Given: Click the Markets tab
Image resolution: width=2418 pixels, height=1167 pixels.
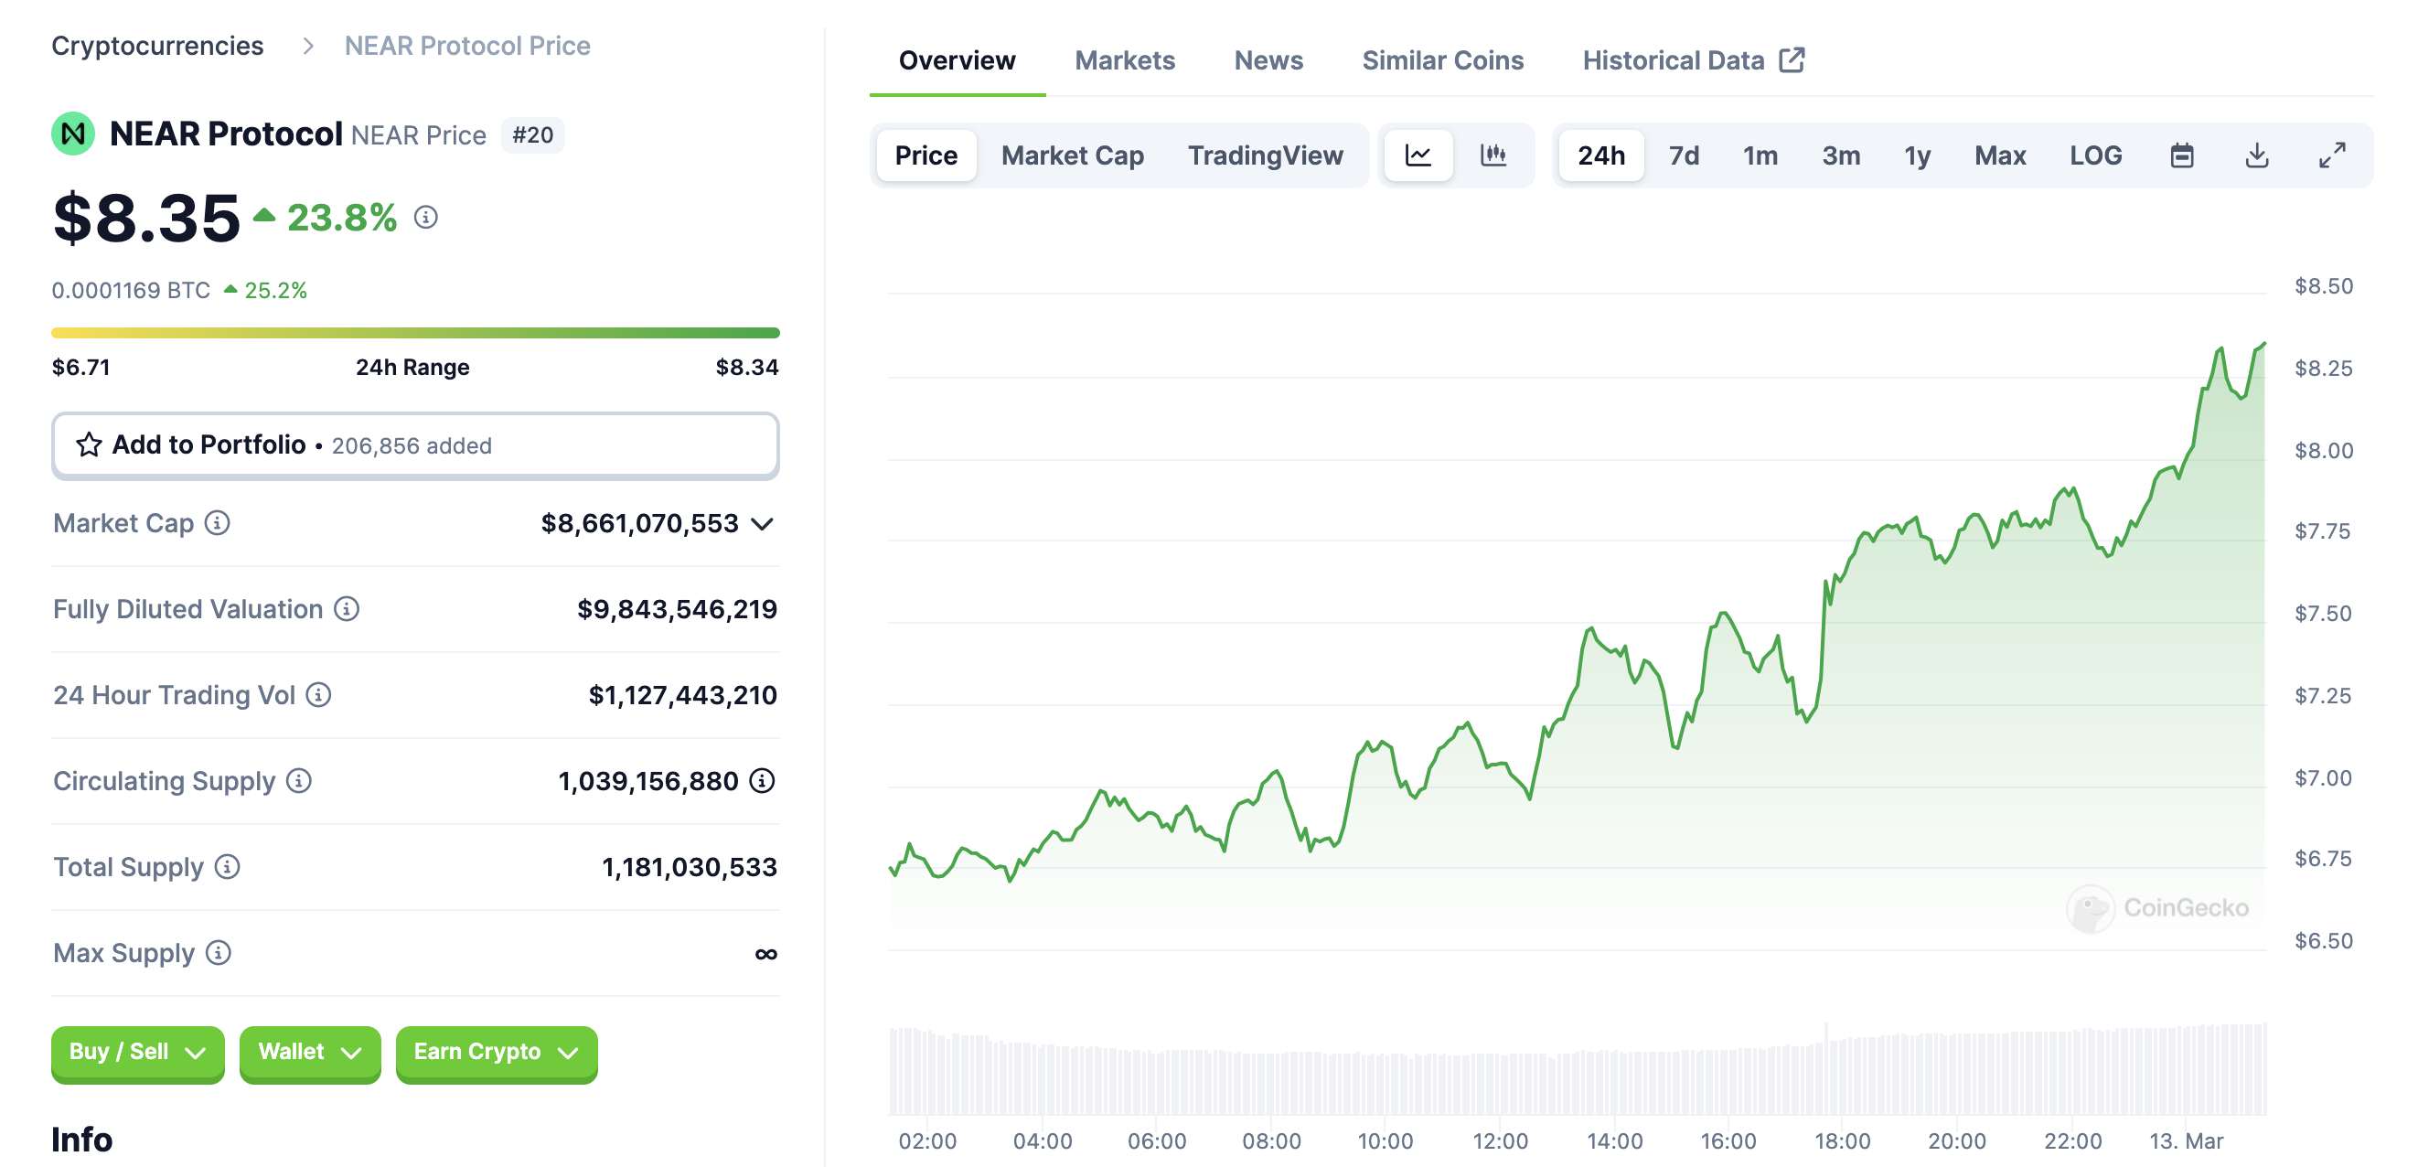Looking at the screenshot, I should pyautogui.click(x=1124, y=61).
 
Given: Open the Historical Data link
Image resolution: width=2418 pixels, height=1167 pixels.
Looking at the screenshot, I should pyautogui.click(x=1693, y=61).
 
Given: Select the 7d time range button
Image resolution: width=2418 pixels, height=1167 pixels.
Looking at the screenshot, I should pyautogui.click(x=1683, y=155).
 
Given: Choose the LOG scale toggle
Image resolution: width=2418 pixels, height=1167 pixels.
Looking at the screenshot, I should pyautogui.click(x=2094, y=155).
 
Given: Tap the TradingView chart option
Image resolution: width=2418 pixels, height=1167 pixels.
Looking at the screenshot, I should pyautogui.click(x=1265, y=155).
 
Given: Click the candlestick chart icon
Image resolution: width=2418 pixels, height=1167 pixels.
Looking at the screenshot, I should pyautogui.click(x=1493, y=155).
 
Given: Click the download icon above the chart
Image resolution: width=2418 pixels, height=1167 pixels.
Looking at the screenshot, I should pyautogui.click(x=2255, y=155).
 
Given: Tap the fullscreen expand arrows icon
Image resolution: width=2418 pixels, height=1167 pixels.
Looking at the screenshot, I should pyautogui.click(x=2331, y=155).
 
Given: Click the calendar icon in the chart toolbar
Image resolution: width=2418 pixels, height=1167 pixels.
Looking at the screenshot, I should pyautogui.click(x=2181, y=155).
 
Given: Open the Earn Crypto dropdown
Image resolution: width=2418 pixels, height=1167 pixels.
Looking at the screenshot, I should pyautogui.click(x=496, y=1053).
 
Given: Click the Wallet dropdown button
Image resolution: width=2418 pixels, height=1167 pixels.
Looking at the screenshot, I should pyautogui.click(x=309, y=1053).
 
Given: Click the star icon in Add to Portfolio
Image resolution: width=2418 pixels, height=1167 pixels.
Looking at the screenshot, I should pyautogui.click(x=90, y=445).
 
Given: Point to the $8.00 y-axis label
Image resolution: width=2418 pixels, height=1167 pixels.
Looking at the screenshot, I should pyautogui.click(x=2323, y=451).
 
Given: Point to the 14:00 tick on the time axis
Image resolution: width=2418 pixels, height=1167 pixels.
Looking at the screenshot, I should pyautogui.click(x=1613, y=1140).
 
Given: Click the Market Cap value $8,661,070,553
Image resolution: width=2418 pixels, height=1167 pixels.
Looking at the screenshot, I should pyautogui.click(x=639, y=524).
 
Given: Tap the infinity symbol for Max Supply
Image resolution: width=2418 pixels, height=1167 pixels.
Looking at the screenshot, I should pyautogui.click(x=766, y=954).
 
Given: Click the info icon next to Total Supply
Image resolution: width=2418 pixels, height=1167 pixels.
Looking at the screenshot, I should pyautogui.click(x=227, y=867).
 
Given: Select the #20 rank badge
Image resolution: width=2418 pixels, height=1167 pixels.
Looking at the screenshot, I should pyautogui.click(x=532, y=135).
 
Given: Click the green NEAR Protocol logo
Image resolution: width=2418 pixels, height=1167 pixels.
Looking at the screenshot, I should pyautogui.click(x=73, y=134).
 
